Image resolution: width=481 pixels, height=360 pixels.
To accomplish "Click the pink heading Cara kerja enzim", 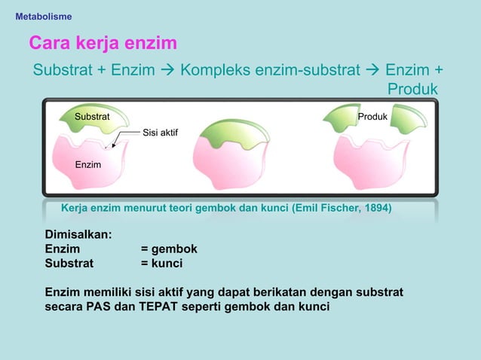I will [x=103, y=42].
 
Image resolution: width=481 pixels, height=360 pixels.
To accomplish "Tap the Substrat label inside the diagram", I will [x=91, y=117].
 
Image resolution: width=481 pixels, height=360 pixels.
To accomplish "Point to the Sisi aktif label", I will [x=160, y=133].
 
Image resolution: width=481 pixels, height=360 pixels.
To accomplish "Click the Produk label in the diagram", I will [x=372, y=117].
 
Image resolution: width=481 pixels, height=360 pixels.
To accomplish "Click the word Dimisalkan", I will [x=78, y=234].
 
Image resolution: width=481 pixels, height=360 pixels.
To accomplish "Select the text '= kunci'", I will [x=161, y=264].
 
